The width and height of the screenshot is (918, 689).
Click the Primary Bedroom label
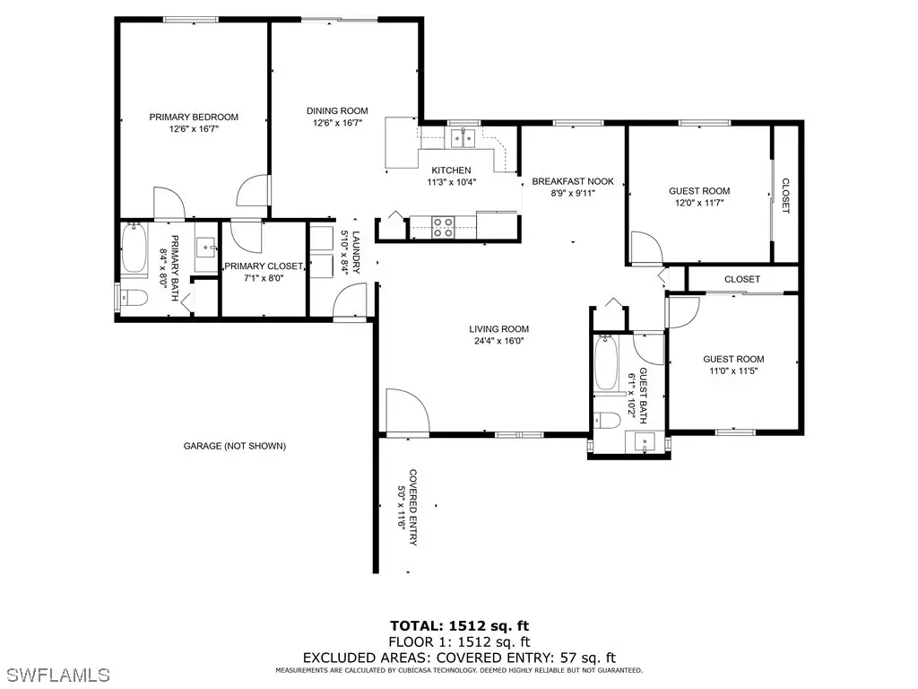[194, 118]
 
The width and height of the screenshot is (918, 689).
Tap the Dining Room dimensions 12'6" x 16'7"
[337, 123]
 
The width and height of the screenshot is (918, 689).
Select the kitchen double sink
[463, 138]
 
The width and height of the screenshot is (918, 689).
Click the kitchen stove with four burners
[443, 227]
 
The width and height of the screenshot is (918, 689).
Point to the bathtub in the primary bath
[134, 249]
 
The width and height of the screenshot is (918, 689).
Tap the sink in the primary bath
[205, 248]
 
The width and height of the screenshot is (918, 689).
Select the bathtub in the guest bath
[606, 362]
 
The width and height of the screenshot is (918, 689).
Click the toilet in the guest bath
[607, 420]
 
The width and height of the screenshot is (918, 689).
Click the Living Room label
[498, 329]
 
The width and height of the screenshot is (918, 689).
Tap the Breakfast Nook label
[573, 181]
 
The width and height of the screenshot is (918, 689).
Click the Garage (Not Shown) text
[235, 446]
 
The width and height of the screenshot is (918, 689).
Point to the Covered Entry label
[412, 508]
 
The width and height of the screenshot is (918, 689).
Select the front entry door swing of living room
[408, 412]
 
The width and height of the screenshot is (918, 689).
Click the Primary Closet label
[264, 266]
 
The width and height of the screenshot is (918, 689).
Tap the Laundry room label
[355, 252]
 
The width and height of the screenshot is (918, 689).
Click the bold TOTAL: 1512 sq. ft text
[460, 625]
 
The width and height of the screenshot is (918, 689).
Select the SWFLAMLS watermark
[55, 675]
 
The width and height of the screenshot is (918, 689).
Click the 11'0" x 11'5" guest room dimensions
[733, 371]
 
